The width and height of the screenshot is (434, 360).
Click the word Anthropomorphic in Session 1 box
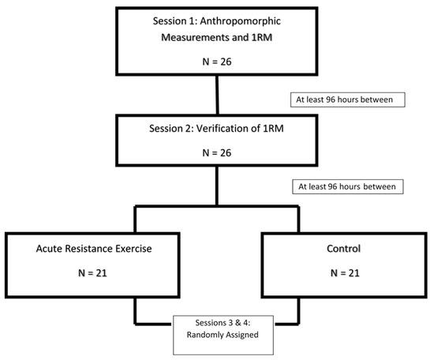click(240, 21)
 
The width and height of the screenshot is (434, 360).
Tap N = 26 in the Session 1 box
click(217, 62)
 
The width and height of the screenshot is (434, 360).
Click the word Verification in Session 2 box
click(224, 128)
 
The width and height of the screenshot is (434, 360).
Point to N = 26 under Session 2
click(217, 152)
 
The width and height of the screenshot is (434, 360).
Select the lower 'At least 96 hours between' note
click(347, 186)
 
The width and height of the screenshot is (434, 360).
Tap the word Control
click(343, 249)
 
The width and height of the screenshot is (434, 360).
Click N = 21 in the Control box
click(345, 273)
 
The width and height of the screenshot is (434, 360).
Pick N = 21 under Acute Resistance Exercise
click(92, 273)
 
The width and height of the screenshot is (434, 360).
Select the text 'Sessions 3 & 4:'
click(223, 323)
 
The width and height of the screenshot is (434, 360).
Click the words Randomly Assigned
click(223, 335)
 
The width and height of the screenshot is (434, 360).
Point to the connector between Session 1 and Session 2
click(217, 95)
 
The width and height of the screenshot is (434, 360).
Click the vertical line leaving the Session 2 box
click(217, 186)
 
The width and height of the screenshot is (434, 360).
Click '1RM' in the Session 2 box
click(273, 128)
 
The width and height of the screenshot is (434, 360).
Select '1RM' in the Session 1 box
click(262, 37)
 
